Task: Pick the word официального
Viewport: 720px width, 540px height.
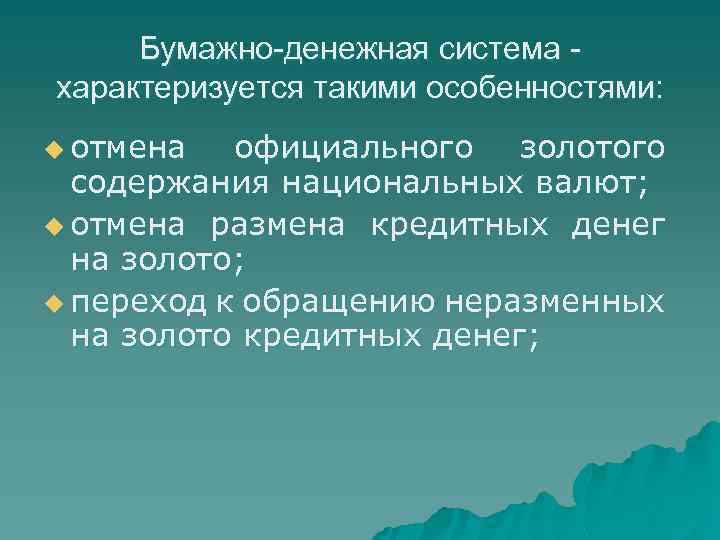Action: tap(353, 149)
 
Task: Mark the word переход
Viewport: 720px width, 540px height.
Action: tap(136, 300)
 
